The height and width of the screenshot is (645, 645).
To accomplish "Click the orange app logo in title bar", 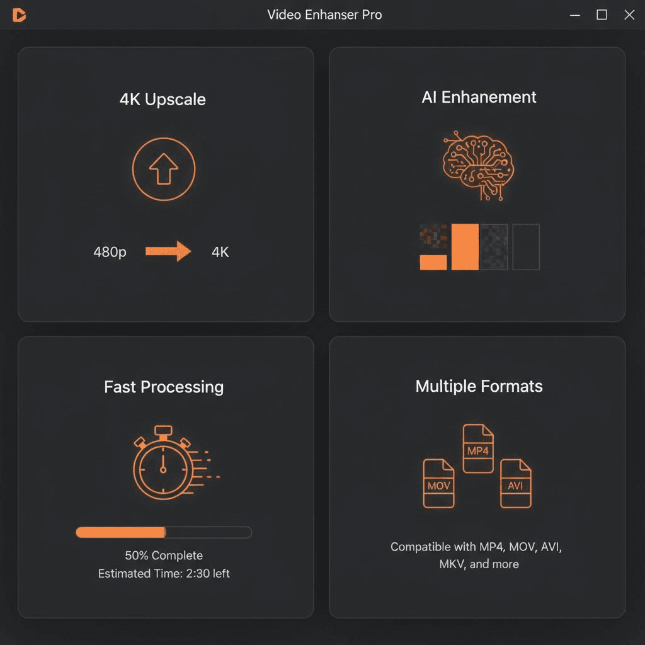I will tap(19, 15).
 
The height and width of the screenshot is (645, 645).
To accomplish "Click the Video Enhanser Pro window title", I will tap(324, 14).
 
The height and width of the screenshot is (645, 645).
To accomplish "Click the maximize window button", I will tap(602, 14).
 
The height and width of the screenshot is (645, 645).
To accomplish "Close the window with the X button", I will tap(629, 14).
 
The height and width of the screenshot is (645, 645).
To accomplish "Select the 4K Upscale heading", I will tap(163, 100).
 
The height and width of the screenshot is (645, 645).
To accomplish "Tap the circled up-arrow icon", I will tap(164, 169).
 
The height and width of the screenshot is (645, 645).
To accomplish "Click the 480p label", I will tap(110, 252).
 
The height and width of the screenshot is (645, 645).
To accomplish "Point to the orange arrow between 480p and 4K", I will tap(168, 251).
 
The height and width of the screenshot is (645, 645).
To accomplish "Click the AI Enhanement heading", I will tap(479, 97).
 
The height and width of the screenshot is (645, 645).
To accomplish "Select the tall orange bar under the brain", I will tap(465, 247).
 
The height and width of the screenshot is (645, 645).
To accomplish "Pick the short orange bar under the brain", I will tap(433, 262).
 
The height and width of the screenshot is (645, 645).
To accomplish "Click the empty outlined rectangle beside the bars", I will tap(526, 247).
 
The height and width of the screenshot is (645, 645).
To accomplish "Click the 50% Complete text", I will tap(164, 556).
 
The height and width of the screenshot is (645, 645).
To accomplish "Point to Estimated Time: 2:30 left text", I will tap(164, 574).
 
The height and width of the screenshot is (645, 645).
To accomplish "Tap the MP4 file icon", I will tap(478, 448).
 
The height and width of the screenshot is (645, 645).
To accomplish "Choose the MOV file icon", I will tap(438, 483).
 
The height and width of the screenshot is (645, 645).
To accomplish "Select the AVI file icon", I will tap(516, 483).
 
